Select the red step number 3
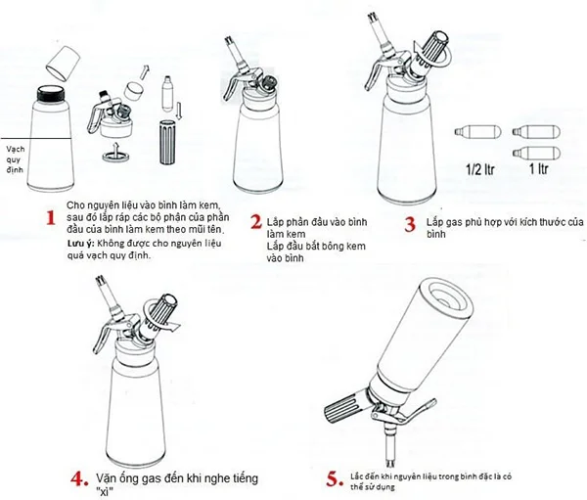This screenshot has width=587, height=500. tap(410, 222)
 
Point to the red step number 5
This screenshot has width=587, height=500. tap(333, 453)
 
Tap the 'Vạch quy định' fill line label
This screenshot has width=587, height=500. tap(18, 155)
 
